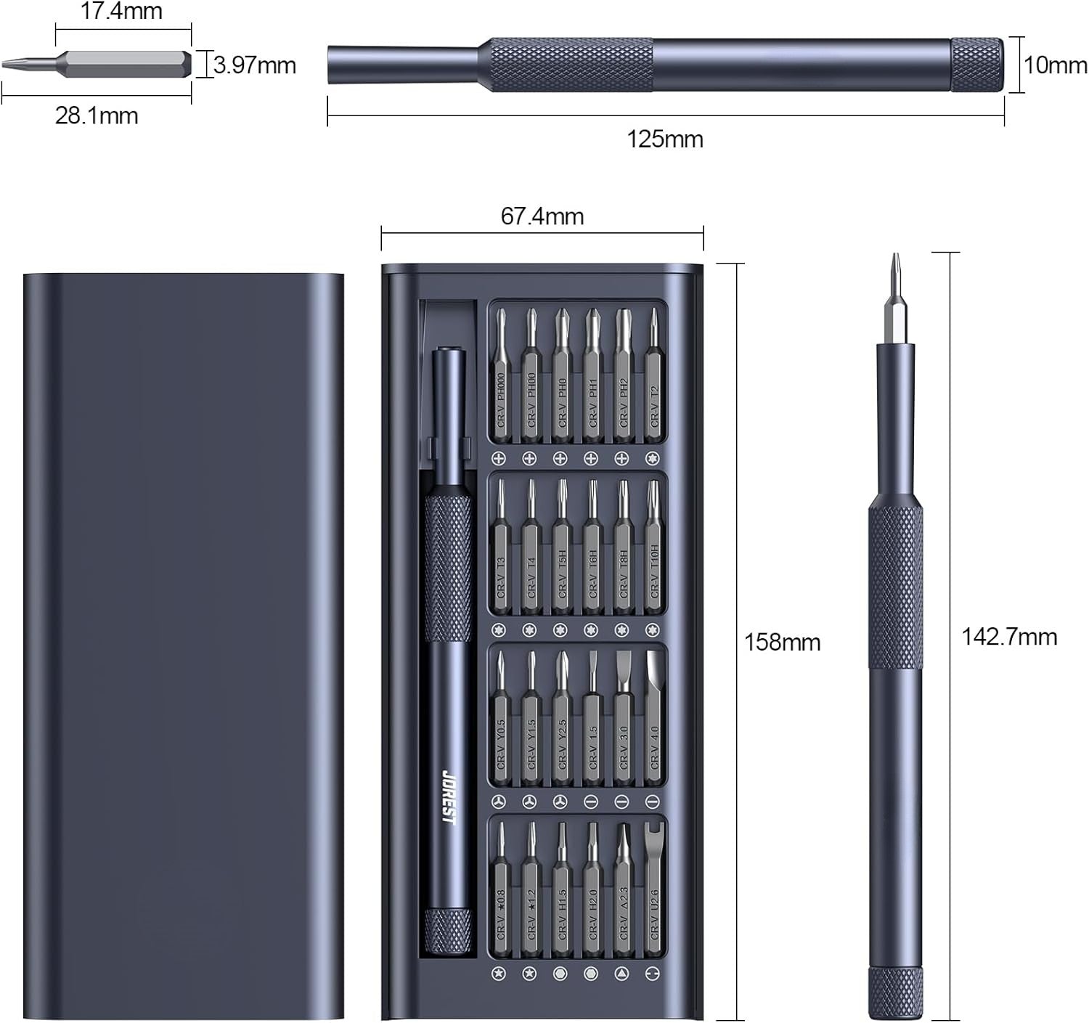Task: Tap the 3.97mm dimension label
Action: (255, 65)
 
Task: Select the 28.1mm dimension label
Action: (97, 115)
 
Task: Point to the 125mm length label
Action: (665, 139)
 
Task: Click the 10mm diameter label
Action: (1056, 65)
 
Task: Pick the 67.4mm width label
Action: (542, 216)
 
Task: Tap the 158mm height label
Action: (783, 642)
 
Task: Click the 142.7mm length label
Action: (1009, 637)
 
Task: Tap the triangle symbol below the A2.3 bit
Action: (621, 974)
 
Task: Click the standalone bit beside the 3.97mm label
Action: (123, 64)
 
